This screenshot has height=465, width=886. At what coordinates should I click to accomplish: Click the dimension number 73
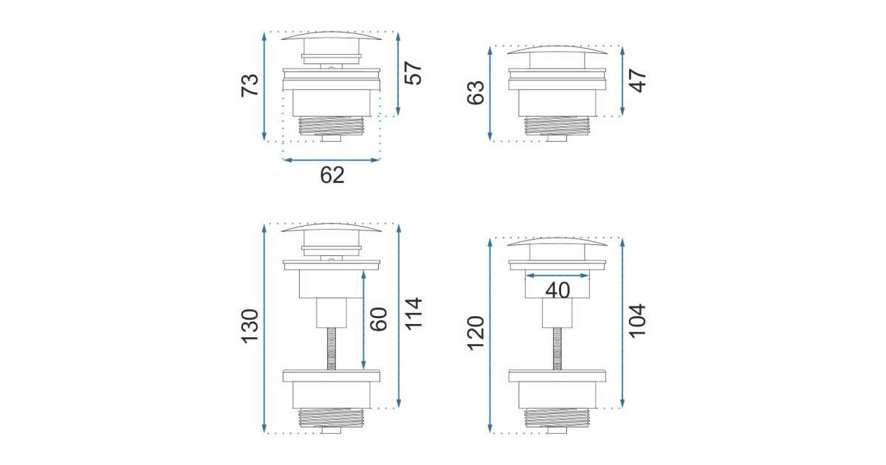point(250,85)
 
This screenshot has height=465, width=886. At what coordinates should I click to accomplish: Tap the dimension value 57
point(413,73)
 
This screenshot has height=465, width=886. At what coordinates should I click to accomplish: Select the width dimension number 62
point(332,175)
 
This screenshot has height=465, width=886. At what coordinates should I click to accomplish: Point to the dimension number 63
point(475,93)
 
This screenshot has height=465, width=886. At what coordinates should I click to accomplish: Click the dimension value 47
point(638,80)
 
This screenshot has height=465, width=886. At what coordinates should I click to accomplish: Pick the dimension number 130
point(250,326)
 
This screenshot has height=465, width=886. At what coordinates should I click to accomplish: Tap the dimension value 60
point(379,319)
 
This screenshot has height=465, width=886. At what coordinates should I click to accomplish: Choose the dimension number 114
point(413,314)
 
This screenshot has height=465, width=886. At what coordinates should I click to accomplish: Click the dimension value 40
point(557,290)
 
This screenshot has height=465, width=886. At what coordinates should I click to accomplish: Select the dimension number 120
point(475,334)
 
